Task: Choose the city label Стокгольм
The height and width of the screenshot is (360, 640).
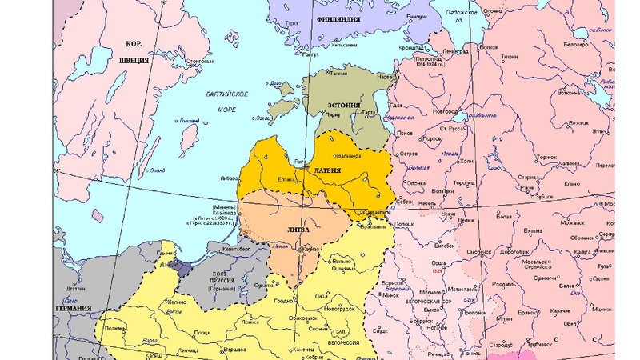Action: pos(198,61)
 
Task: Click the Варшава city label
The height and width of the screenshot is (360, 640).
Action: pos(234,350)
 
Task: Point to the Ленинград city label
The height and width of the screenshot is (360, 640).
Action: pos(456,50)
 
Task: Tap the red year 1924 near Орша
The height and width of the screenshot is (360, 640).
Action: pos(437,270)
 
